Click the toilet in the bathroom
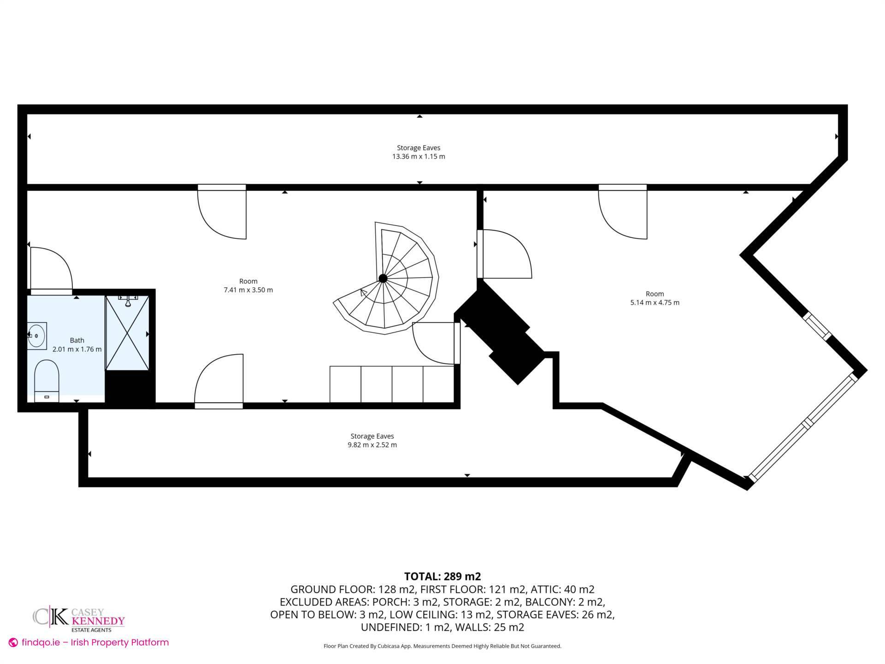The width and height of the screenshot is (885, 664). (x=47, y=377)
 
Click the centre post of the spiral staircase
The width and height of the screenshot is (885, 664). (x=383, y=278)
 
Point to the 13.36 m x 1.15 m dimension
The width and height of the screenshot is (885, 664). (x=419, y=156)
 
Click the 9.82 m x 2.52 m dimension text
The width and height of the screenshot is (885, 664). (x=372, y=445)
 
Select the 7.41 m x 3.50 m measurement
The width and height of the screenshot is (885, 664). (x=248, y=290)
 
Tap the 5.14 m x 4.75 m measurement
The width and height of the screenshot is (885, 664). (x=655, y=302)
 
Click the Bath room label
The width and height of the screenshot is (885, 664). (x=77, y=340)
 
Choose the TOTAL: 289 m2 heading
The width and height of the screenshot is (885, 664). (x=442, y=576)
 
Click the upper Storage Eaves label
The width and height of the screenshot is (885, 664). (x=419, y=148)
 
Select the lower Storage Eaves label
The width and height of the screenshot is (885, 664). (x=372, y=436)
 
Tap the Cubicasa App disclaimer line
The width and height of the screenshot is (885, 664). (x=442, y=646)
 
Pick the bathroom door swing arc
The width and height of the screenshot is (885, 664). (x=58, y=263)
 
